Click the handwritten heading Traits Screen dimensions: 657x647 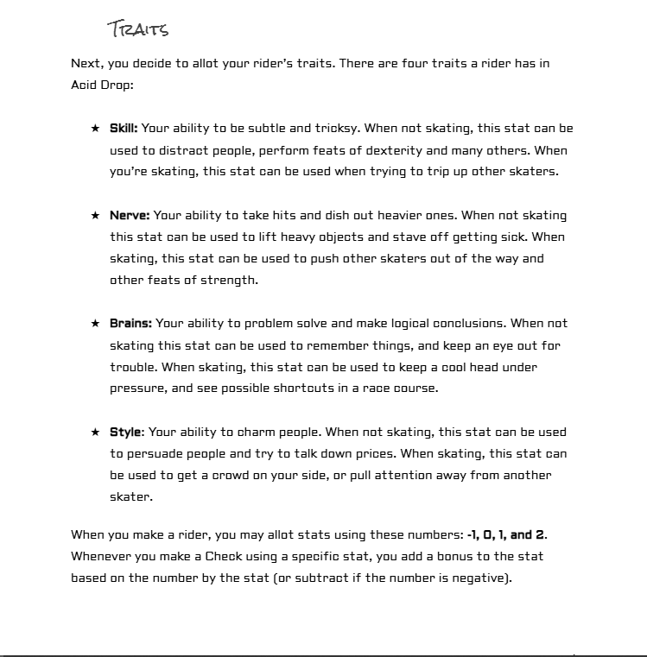click(138, 28)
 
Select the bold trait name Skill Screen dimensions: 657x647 click(124, 129)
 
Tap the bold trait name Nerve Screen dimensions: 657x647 click(130, 215)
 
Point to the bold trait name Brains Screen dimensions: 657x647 click(130, 324)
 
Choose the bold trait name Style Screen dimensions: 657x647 click(125, 432)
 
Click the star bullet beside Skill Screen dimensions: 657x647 click(95, 129)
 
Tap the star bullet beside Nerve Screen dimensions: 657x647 click(95, 216)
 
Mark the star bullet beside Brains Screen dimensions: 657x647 click(95, 324)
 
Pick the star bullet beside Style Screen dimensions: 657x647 click(95, 432)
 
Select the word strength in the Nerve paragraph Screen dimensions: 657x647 click(233, 280)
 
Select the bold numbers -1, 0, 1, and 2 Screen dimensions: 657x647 click(506, 535)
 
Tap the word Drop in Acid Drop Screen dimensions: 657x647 click(118, 85)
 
